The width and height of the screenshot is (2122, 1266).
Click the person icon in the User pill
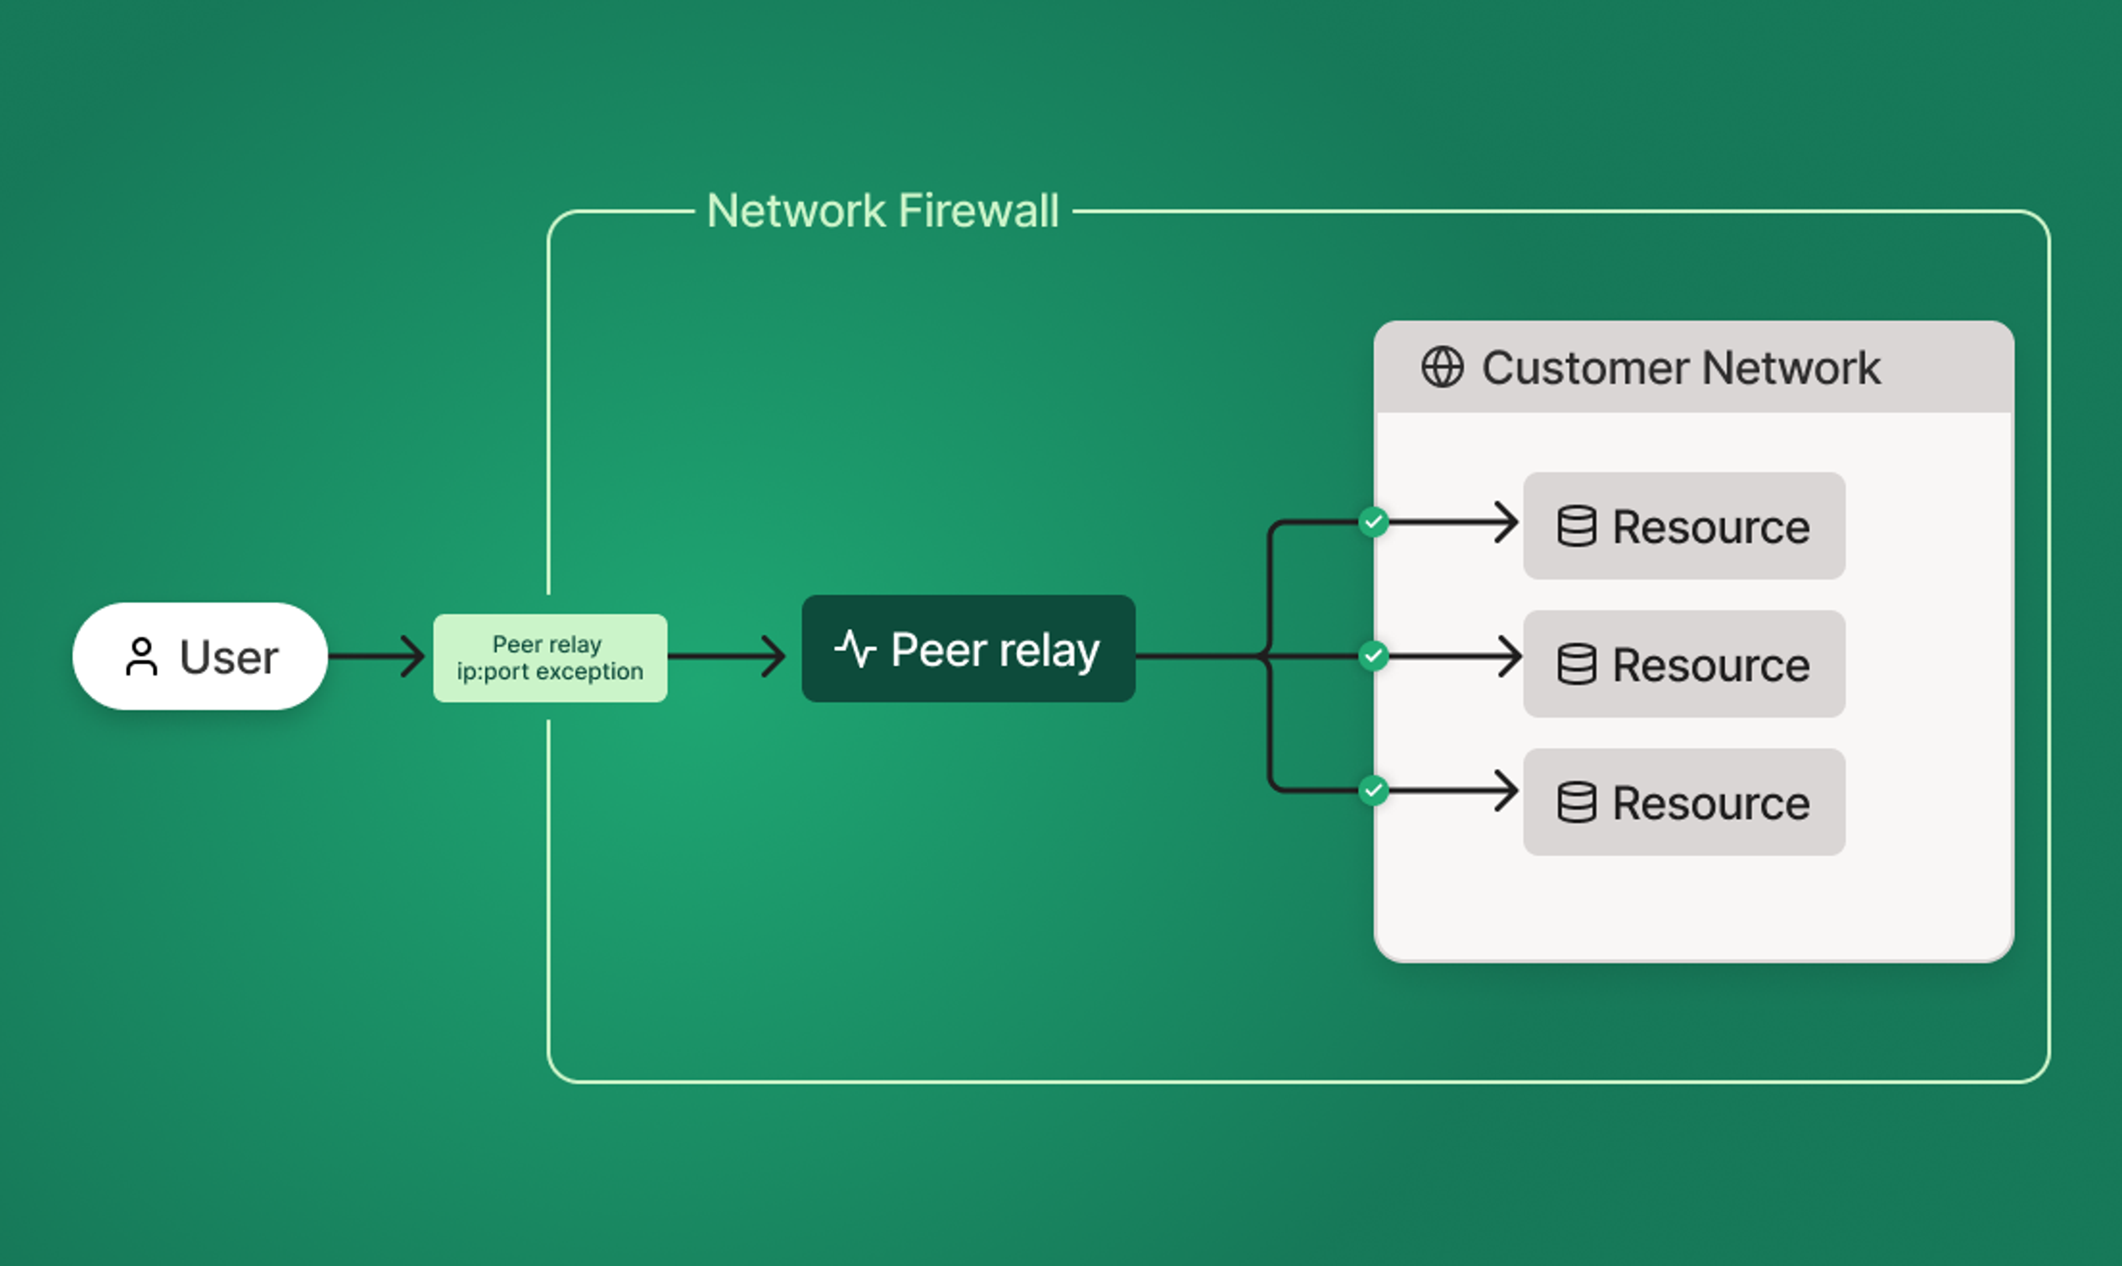(141, 657)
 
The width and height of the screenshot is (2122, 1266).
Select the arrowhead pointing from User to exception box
(414, 656)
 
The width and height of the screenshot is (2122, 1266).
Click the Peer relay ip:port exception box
(549, 658)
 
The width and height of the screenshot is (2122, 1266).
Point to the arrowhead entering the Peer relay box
(775, 656)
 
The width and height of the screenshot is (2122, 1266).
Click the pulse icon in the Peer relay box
(855, 649)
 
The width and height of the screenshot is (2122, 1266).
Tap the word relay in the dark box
(1049, 650)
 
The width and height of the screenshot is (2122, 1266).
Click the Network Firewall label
(883, 210)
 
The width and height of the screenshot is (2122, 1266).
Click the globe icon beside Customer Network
(1442, 368)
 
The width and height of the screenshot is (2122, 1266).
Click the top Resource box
(1683, 525)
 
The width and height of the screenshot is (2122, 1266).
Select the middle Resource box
(1683, 664)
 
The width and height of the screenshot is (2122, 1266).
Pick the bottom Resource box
(1683, 802)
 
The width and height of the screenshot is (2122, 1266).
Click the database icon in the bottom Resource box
(1576, 802)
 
